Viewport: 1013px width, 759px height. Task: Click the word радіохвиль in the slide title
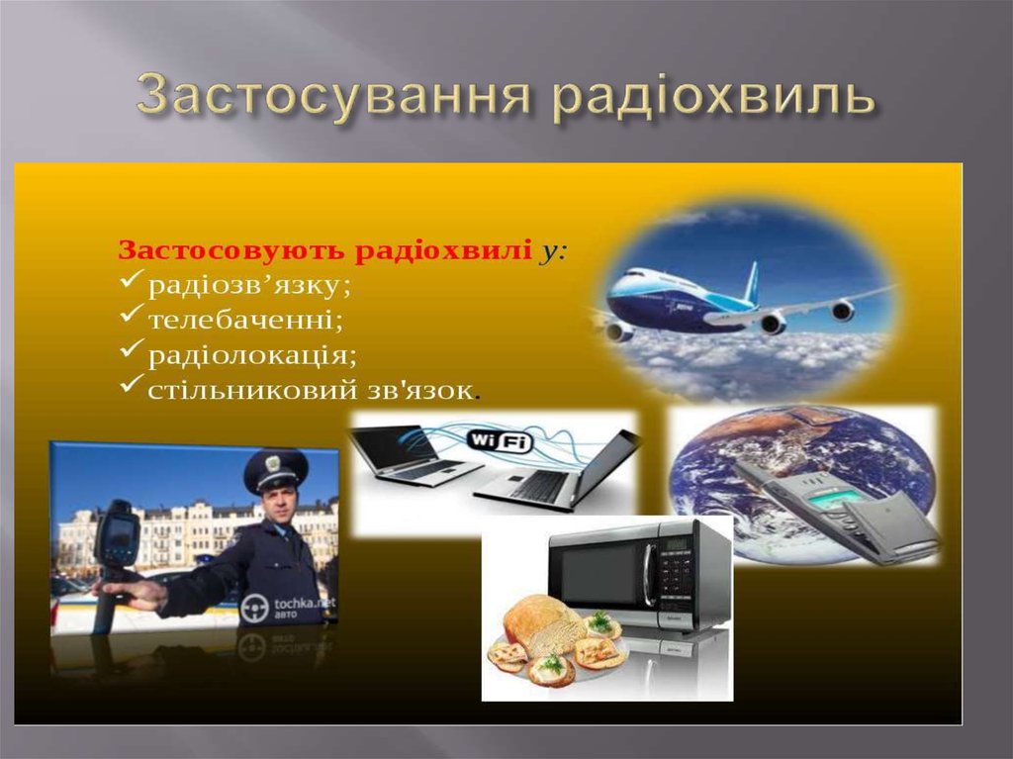coord(713,97)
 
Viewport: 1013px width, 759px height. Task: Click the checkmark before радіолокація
coord(131,351)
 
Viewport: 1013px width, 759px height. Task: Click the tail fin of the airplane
coord(752,281)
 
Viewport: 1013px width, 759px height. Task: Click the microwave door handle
coord(648,576)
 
